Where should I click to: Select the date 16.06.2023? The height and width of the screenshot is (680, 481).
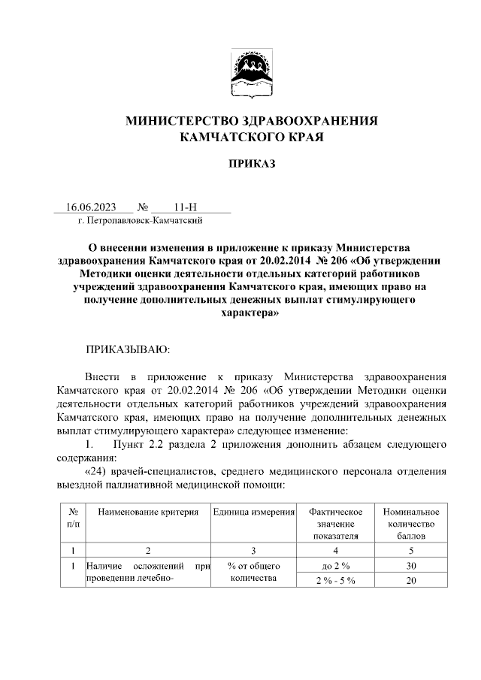[91, 207]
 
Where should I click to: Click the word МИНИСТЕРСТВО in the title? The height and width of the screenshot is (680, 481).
[179, 120]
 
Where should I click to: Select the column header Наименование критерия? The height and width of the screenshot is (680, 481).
[147, 512]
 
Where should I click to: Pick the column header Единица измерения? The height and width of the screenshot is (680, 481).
[253, 512]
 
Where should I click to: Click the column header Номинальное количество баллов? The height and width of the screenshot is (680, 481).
[410, 524]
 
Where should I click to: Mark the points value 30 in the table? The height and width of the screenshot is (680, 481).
[410, 565]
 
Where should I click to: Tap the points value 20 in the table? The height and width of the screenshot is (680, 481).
[410, 581]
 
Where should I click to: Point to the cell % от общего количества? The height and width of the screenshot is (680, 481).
[253, 572]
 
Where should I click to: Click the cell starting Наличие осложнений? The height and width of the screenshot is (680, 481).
[147, 572]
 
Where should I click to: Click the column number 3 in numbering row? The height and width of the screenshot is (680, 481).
[253, 550]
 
